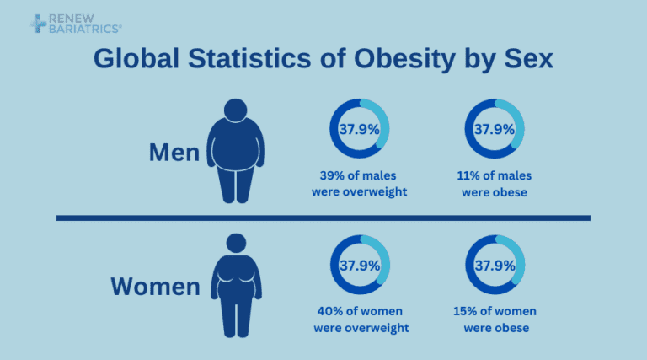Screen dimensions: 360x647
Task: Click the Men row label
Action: click(174, 153)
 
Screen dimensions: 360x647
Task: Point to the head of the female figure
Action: click(236, 244)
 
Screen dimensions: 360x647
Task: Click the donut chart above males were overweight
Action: click(359, 129)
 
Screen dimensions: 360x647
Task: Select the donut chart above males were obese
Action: click(495, 129)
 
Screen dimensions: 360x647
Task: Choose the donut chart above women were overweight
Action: click(359, 265)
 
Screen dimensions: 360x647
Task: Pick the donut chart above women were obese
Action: click(495, 265)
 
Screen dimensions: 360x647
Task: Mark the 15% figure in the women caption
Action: click(468, 311)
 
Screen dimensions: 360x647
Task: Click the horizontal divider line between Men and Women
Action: click(323, 218)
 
